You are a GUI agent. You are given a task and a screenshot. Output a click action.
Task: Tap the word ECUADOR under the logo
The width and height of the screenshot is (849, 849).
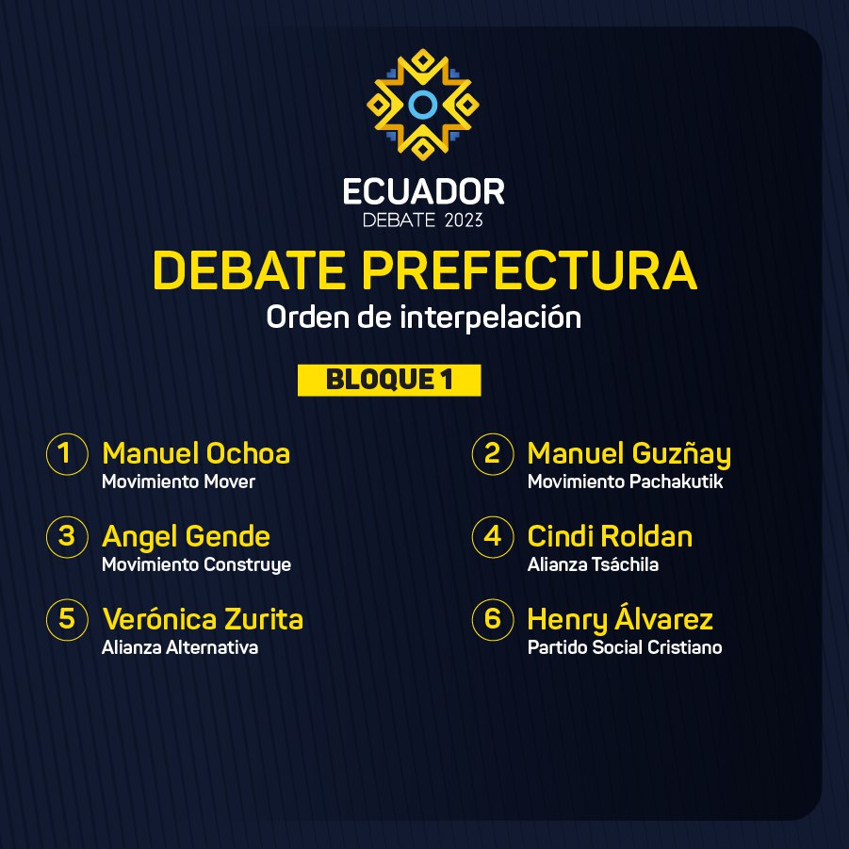coord(424,191)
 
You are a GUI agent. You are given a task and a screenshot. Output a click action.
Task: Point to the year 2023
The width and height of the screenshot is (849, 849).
coord(464,220)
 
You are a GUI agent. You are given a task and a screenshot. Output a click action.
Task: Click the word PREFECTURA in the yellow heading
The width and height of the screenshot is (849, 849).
coord(529,269)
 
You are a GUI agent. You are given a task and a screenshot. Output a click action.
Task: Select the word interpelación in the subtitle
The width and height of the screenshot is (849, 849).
coord(491,318)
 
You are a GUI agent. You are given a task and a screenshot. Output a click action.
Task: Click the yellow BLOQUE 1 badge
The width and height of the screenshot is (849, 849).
coord(389,380)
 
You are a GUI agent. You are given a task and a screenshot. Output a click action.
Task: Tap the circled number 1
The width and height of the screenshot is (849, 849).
coord(67,454)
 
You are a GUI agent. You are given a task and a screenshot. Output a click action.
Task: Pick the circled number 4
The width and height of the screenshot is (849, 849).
coord(492,536)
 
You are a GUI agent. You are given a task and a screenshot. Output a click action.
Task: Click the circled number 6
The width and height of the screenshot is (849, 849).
coord(492,619)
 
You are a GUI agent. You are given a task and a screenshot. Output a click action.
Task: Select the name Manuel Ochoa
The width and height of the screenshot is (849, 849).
coord(196,453)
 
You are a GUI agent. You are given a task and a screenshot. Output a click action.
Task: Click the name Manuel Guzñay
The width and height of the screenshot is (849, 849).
coord(629,455)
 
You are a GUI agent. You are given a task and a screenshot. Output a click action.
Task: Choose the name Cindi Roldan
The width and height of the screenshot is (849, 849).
coord(611,536)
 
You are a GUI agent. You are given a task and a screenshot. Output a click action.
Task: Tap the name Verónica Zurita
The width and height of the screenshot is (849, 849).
coord(203,619)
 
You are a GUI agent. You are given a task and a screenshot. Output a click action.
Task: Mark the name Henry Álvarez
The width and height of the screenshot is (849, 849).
coord(620,619)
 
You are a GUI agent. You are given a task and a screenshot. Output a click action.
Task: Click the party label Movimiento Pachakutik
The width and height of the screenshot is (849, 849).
coord(626,482)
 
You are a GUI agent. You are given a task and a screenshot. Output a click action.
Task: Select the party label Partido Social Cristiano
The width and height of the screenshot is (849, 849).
coord(625,647)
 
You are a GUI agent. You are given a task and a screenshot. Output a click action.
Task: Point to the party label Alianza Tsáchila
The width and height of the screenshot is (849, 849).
coord(593,564)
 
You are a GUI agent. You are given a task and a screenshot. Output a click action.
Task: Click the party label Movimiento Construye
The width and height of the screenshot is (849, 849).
coord(197,564)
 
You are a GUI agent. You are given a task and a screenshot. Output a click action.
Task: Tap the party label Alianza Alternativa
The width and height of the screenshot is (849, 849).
coord(180,647)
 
